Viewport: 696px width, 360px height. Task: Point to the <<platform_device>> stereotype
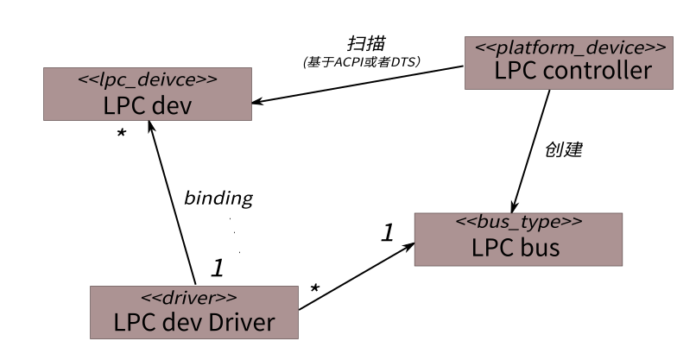[566, 47]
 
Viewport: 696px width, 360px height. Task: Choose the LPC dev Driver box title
[193, 323]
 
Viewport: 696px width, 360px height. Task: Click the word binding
[218, 198]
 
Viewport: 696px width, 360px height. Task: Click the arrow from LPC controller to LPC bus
[533, 148]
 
